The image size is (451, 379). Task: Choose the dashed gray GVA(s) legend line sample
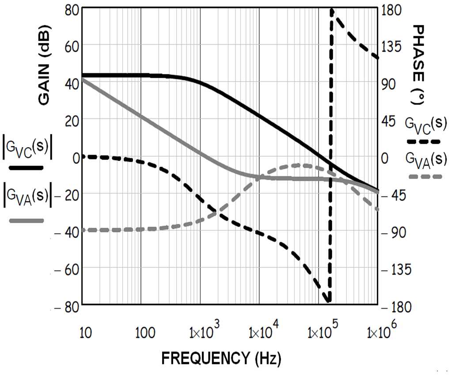(425, 176)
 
